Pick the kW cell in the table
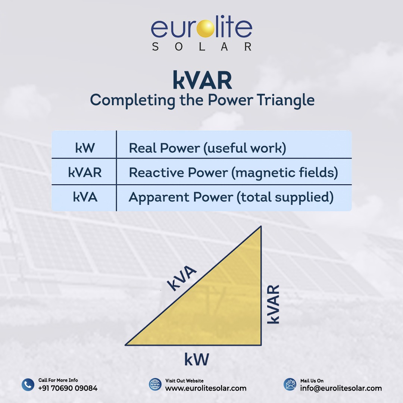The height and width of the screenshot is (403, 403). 85,148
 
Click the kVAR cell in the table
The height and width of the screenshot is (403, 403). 85,172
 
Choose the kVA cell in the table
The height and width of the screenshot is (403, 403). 85,197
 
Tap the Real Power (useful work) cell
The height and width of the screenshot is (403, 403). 207,148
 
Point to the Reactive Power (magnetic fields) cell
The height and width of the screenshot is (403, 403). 233,172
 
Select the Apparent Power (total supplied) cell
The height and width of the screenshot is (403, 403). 231,197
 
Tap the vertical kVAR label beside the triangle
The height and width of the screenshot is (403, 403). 274,304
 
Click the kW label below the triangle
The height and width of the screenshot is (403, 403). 197,359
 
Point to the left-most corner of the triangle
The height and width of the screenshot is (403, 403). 126,344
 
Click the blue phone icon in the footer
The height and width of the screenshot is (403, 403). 28,385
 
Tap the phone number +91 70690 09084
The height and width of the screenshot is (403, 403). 68,388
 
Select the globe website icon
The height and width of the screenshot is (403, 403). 155,385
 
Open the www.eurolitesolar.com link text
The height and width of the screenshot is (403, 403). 206,388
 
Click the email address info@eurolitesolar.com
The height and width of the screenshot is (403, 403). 341,388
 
